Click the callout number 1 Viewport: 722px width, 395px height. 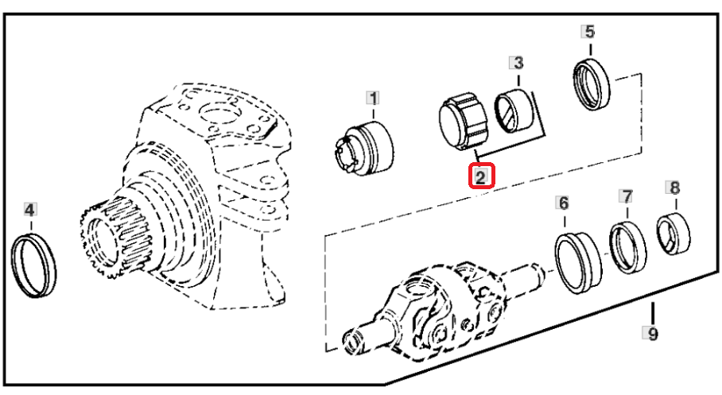[x=373, y=98]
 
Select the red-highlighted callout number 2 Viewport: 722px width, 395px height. [x=481, y=176]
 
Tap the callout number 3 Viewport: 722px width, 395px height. [x=518, y=63]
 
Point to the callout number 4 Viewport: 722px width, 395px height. [x=30, y=211]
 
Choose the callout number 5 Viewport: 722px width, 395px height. [x=590, y=32]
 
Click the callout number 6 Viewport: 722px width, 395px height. [x=564, y=203]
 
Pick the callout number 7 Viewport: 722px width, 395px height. [x=627, y=196]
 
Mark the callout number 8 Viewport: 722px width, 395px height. [x=674, y=188]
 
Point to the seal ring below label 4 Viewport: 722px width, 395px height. [x=33, y=265]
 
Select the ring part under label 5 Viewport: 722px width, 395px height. [x=592, y=84]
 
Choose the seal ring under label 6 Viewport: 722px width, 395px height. [x=578, y=262]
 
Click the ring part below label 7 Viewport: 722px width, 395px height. [x=627, y=247]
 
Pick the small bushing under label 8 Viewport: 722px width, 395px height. [x=673, y=234]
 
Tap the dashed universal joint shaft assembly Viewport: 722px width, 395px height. [x=444, y=309]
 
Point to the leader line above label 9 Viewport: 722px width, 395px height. [x=652, y=313]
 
